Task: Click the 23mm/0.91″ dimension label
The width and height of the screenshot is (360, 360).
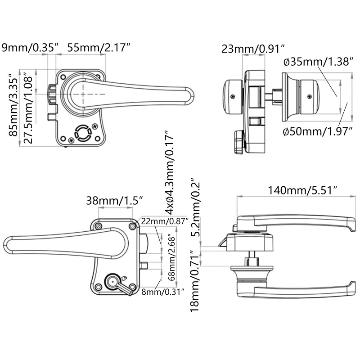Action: [254, 49]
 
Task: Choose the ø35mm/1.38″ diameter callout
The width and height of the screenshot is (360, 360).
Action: [318, 62]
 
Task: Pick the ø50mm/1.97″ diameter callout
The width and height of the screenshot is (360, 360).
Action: [317, 131]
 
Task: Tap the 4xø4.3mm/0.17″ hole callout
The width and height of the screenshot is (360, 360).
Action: [169, 172]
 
